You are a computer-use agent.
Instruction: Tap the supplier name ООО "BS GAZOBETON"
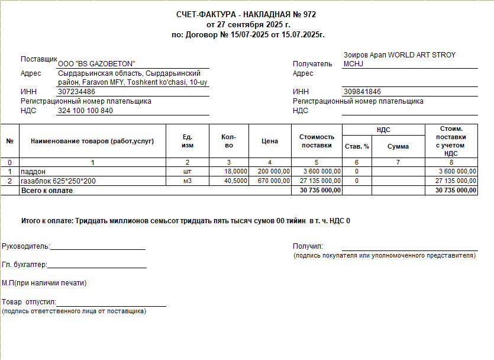click(x=96, y=64)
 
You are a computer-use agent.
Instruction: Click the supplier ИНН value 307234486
click(x=76, y=92)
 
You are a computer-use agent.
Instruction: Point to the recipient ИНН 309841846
click(x=361, y=92)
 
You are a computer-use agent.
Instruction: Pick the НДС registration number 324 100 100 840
click(x=85, y=111)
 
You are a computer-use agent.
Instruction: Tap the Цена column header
click(x=269, y=142)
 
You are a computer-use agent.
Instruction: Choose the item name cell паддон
click(x=33, y=172)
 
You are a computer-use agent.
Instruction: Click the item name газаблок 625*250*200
click(x=58, y=181)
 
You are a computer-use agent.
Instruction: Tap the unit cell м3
click(x=188, y=181)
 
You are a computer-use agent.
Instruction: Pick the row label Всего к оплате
click(x=47, y=190)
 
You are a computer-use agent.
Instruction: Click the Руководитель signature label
click(x=26, y=246)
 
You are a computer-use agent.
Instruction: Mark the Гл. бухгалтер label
click(x=24, y=265)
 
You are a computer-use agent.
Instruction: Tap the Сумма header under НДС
click(x=398, y=146)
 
